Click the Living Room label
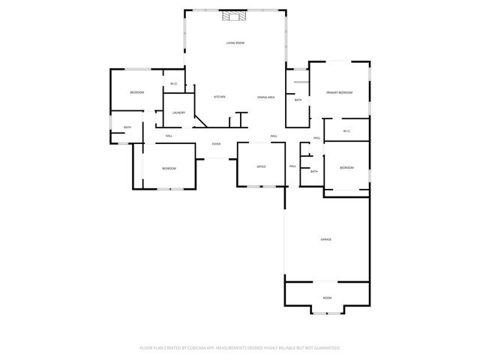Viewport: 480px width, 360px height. coord(235,43)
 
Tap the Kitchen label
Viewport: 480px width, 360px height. coord(220,97)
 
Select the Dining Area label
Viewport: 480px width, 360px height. coord(266,97)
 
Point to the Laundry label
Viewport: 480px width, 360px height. coord(178,112)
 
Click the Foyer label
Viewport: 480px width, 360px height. coord(216,144)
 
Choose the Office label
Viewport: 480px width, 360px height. coord(262,166)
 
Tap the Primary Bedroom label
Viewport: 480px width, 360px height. coord(339,92)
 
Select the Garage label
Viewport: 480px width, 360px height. coord(326,239)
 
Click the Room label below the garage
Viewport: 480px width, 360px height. coord(327,298)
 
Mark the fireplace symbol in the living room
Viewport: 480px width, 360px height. coord(235,17)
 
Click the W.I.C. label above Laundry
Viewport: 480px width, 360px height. coord(173,83)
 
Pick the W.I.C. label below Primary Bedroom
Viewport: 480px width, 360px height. coord(347,131)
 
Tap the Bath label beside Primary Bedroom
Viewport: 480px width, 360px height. coord(298,100)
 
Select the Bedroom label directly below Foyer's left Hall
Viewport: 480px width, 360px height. coord(169,168)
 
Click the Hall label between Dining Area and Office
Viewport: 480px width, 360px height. coord(274,136)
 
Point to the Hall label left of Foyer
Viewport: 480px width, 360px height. coord(169,136)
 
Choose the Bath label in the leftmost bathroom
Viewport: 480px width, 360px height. coord(127,127)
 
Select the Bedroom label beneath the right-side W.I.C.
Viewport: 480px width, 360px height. coord(346,167)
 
